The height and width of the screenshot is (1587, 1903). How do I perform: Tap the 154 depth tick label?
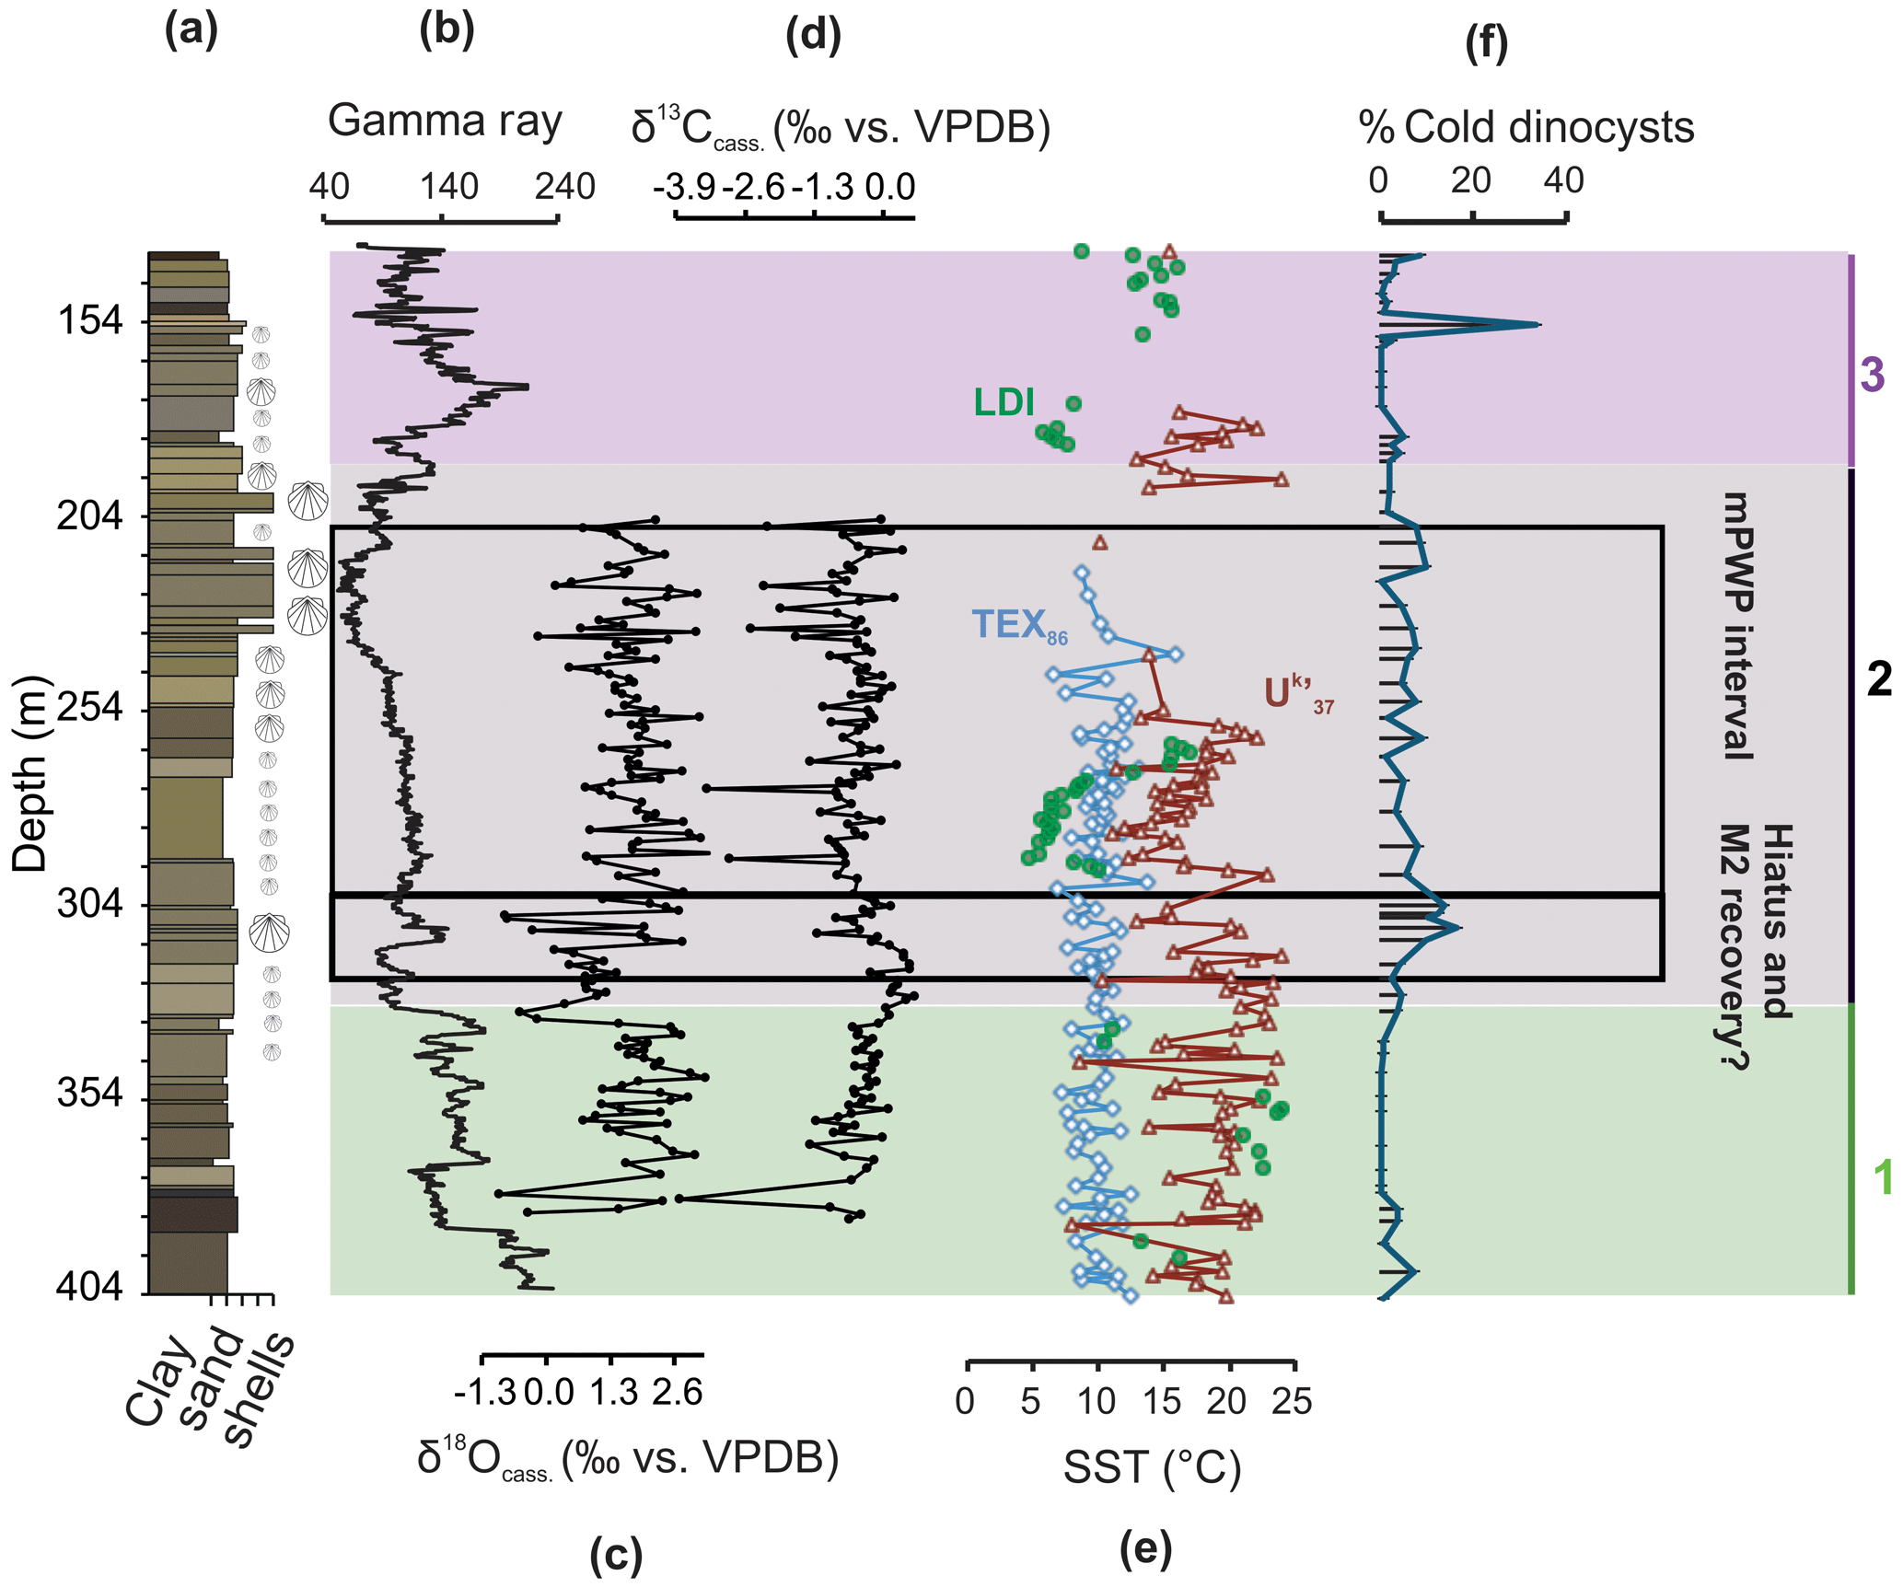pyautogui.click(x=89, y=321)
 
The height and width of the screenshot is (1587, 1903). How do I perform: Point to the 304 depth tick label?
pyautogui.click(x=89, y=904)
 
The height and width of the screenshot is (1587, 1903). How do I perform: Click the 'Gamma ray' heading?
pyautogui.click(x=445, y=121)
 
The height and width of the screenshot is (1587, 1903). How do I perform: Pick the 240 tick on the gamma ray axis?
pyautogui.click(x=564, y=187)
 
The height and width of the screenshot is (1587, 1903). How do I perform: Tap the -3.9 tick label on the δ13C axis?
pyautogui.click(x=684, y=187)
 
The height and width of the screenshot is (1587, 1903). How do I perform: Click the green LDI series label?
pyautogui.click(x=1004, y=402)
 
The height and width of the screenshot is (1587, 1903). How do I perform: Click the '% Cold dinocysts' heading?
pyautogui.click(x=1526, y=127)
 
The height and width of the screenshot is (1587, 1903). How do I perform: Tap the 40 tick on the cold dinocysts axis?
pyautogui.click(x=1564, y=180)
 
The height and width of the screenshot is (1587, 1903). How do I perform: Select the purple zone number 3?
pyautogui.click(x=1872, y=375)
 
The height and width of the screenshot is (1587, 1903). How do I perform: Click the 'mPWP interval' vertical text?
pyautogui.click(x=1738, y=626)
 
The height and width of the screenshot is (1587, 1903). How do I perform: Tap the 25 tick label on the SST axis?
pyautogui.click(x=1292, y=1401)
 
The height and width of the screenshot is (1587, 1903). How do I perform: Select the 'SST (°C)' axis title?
pyautogui.click(x=1152, y=1467)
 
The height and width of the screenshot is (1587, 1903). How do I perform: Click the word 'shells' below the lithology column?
pyautogui.click(x=261, y=1390)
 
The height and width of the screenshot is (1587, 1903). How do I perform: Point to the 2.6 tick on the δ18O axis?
pyautogui.click(x=677, y=1393)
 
